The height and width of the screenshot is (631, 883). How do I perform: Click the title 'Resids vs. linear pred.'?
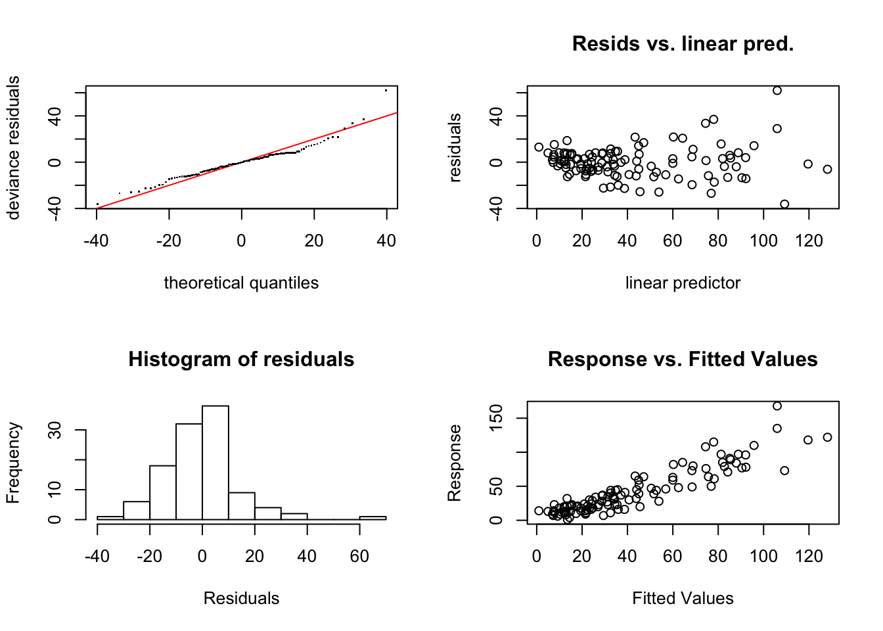coord(683,44)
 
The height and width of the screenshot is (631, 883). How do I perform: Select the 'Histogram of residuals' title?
coord(241,360)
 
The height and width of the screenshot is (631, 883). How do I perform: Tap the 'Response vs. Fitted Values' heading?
coord(683,360)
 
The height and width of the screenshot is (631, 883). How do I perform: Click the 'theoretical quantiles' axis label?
coord(241,283)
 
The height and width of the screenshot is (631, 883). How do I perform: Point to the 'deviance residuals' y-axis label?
coord(13,147)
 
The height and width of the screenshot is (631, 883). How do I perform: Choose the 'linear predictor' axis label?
coord(683,283)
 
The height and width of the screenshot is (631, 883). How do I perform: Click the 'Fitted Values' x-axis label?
coord(683,598)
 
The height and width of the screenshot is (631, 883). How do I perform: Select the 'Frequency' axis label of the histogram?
coord(13,463)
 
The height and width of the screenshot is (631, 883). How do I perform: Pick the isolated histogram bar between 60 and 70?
coord(373,518)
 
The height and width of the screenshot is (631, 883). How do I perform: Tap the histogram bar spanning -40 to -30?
coord(110,518)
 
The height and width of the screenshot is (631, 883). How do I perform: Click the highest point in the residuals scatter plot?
coord(777,91)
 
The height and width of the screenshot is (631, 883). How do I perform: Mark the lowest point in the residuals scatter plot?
coord(784,204)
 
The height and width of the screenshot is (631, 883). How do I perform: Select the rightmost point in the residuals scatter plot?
coord(827,169)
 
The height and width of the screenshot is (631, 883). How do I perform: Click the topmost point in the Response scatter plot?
coord(777,406)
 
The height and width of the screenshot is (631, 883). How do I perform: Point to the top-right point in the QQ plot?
coord(386,90)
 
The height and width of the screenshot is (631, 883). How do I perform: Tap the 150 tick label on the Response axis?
coord(497,418)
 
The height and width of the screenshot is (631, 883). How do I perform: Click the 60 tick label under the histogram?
coord(359,556)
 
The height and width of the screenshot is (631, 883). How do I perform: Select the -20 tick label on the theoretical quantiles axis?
coord(169,241)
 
